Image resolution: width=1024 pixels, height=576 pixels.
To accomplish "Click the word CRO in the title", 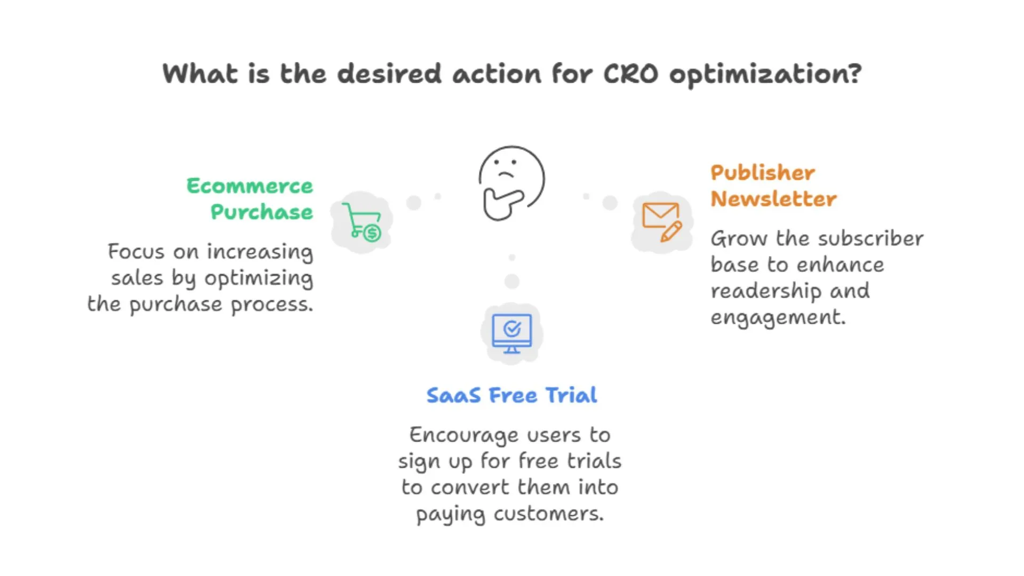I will tap(630, 74).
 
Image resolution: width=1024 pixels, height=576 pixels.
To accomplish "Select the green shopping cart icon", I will tap(362, 221).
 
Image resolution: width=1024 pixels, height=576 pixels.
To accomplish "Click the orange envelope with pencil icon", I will tap(661, 221).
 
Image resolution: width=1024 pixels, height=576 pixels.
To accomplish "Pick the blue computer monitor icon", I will tap(512, 333).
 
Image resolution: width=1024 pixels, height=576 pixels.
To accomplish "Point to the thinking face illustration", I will tap(511, 182).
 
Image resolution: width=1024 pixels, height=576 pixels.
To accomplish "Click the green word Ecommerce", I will tap(250, 186).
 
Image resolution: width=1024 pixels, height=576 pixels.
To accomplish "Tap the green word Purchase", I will tap(262, 212).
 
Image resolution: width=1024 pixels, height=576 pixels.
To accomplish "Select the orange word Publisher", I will tap(763, 172).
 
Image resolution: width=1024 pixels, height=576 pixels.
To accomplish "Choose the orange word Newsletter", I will tap(773, 199).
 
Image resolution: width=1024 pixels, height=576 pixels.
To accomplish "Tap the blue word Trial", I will tap(571, 395).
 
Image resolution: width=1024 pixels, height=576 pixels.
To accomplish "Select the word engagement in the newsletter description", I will tap(778, 318).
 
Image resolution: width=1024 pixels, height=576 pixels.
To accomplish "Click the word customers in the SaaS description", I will tap(548, 514).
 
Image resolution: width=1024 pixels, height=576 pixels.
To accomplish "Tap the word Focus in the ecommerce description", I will tap(136, 251).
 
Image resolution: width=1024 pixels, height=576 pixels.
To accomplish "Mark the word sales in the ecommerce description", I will tap(137, 278).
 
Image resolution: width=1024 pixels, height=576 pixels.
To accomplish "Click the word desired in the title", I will tap(389, 74).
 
